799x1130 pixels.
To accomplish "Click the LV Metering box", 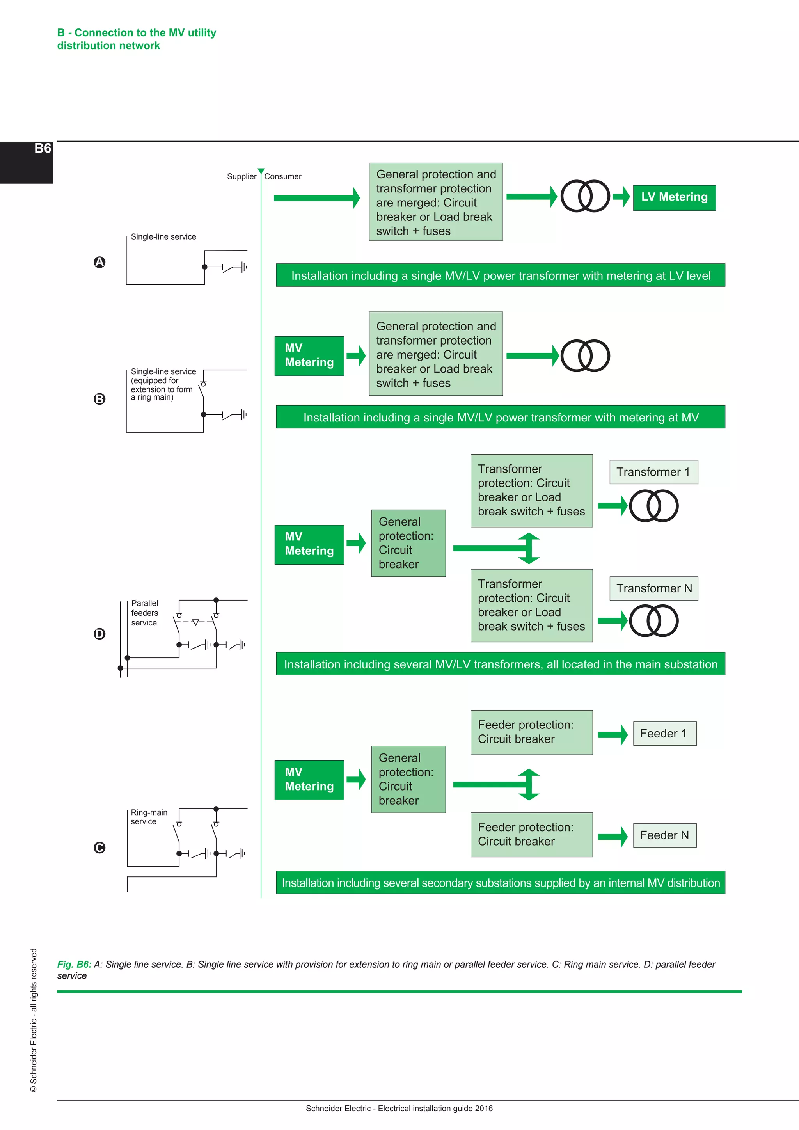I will (674, 197).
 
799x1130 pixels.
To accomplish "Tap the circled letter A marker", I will (99, 262).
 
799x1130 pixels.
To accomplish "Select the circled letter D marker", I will (99, 634).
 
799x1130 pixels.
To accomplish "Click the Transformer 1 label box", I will (653, 472).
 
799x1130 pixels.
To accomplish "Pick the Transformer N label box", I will (653, 589).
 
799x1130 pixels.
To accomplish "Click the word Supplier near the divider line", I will (241, 177).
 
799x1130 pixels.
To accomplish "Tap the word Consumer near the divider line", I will (282, 177).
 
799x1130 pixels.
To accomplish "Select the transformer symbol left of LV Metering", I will (585, 196).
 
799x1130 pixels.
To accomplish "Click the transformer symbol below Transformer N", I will (653, 621).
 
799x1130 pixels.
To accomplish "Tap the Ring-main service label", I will (149, 817).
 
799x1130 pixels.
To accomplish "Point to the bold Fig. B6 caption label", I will (74, 965).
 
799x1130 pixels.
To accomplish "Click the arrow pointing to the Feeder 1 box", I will (613, 735).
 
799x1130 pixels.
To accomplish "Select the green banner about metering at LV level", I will (501, 275).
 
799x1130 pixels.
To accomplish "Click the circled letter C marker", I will (99, 847).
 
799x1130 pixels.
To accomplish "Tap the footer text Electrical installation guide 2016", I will (435, 1109).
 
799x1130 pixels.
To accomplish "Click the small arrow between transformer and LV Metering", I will (621, 197).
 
